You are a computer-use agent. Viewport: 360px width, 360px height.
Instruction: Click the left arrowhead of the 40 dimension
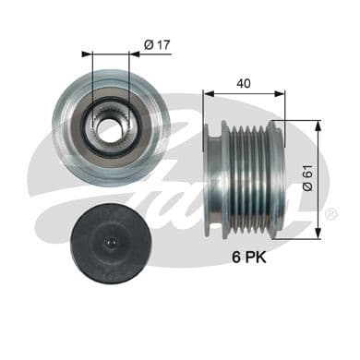[x=207, y=93]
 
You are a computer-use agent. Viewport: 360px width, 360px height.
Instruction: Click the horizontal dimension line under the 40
[x=244, y=93]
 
